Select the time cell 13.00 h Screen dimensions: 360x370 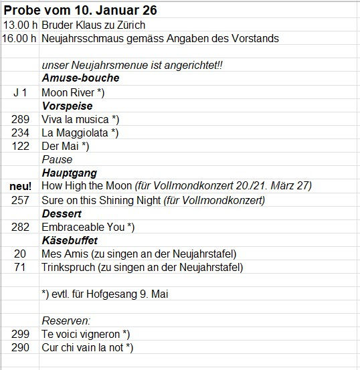pos(19,25)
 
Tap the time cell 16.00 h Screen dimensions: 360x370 pos(19,39)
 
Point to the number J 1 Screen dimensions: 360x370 pos(20,92)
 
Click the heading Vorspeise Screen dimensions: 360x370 pos(67,106)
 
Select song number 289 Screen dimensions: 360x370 pos(21,119)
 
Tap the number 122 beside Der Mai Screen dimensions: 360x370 pos(21,146)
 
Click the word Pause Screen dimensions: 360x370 pos(57,160)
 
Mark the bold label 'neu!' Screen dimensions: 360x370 pos(21,185)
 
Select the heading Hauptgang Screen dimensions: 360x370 pos(70,173)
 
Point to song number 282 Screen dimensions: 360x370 pos(21,227)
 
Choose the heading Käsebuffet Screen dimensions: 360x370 pos(70,240)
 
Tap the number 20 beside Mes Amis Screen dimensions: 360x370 pos(21,254)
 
